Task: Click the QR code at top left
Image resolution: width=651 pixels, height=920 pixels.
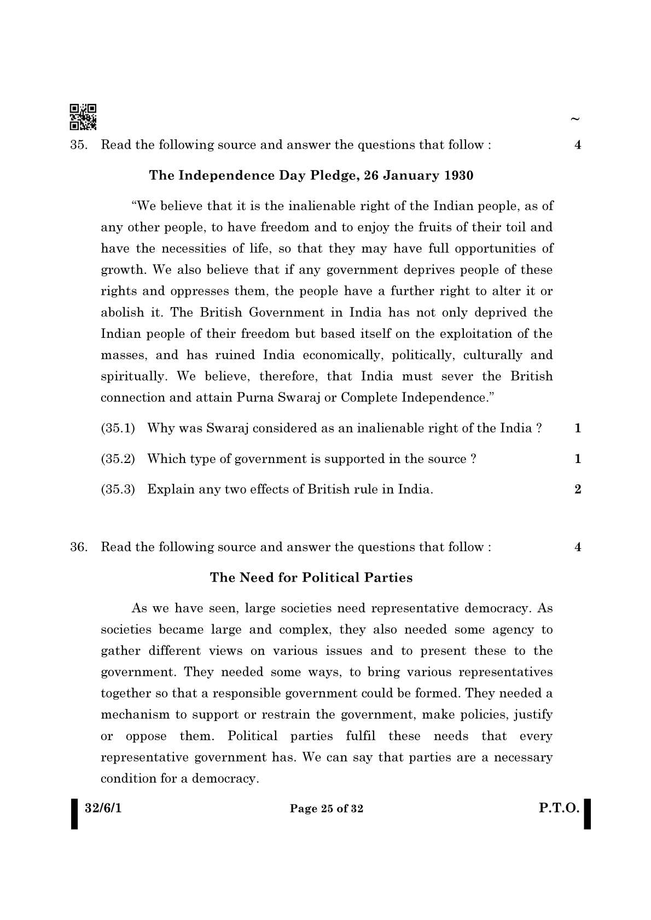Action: pos(83,117)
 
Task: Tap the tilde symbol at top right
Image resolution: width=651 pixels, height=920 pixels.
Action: pos(574,119)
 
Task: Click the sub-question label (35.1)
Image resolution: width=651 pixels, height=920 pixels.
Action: pos(118,428)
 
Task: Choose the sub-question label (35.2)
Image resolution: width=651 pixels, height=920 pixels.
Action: pos(118,459)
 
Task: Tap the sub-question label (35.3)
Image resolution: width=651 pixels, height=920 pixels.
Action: pos(118,489)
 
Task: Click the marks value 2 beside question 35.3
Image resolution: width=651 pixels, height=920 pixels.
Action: pos(578,489)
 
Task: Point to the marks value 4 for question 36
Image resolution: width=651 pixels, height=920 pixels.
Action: pos(578,547)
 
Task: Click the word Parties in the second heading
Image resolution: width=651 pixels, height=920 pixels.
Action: pos(388,578)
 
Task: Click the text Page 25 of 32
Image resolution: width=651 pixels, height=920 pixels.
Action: pos(326,808)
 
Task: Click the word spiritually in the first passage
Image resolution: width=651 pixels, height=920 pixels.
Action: pos(133,377)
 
